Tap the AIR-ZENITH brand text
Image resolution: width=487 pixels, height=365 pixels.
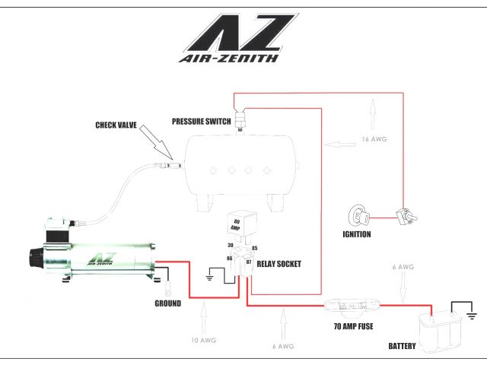click(228, 56)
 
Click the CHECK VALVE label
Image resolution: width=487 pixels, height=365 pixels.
click(116, 125)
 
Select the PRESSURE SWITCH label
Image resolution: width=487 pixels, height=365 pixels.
click(202, 121)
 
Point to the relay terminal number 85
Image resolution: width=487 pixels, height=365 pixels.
click(254, 247)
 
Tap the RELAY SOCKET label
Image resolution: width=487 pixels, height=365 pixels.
click(279, 264)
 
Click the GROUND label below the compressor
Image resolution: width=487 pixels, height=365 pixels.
click(167, 303)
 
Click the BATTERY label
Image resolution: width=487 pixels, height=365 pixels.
click(402, 347)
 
